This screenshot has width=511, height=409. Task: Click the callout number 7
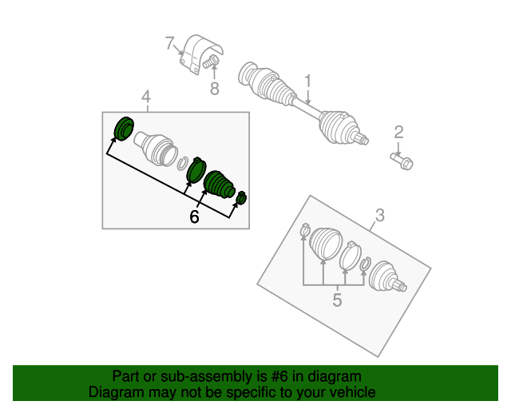tap(169, 43)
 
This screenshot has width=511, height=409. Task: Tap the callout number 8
tap(215, 89)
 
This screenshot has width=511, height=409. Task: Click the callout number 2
tap(399, 133)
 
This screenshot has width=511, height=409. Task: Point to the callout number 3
tap(380, 215)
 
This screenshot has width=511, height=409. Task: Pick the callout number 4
tap(146, 97)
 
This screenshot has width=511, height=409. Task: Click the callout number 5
tap(337, 300)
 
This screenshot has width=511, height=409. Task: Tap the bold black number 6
tap(194, 216)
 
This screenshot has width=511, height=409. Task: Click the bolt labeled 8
tap(210, 62)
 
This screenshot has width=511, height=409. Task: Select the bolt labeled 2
tap(402, 161)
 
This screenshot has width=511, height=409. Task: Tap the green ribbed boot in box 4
tap(219, 185)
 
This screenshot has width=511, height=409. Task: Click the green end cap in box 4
tap(124, 129)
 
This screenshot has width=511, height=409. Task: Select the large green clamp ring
tap(196, 169)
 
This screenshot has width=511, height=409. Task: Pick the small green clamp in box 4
tap(241, 197)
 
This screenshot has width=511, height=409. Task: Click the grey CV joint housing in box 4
tap(155, 149)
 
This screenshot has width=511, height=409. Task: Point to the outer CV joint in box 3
tap(387, 276)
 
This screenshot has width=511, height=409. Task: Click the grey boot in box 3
tap(325, 244)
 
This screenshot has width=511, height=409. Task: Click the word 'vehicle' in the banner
tap(355, 392)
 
